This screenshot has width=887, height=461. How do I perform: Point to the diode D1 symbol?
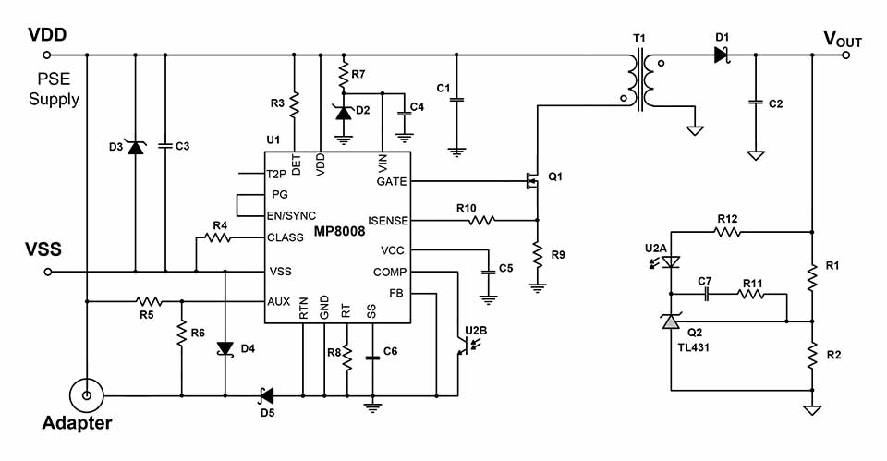tap(722, 55)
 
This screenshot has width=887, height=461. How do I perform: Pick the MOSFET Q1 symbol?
tap(530, 181)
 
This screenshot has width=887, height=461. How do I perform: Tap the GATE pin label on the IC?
tap(392, 181)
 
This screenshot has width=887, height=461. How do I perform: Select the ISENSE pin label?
tap(387, 221)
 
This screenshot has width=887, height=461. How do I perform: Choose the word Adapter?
tap(77, 424)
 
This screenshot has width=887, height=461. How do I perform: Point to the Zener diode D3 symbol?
tap(136, 146)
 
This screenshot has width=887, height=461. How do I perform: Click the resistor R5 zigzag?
tap(148, 301)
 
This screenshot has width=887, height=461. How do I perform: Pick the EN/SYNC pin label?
tap(292, 215)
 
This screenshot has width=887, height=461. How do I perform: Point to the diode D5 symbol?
tap(267, 395)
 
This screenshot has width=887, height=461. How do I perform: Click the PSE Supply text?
tap(54, 91)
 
